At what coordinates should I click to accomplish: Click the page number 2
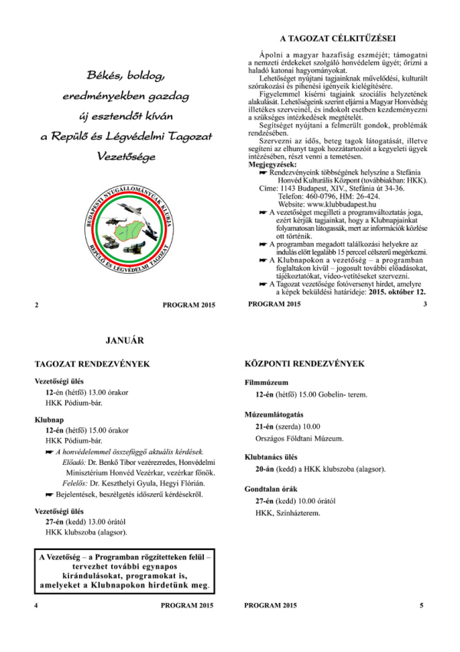pyautogui.click(x=36, y=305)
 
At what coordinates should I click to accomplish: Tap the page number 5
pyautogui.click(x=421, y=605)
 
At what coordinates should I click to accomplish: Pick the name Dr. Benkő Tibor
pyautogui.click(x=112, y=463)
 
